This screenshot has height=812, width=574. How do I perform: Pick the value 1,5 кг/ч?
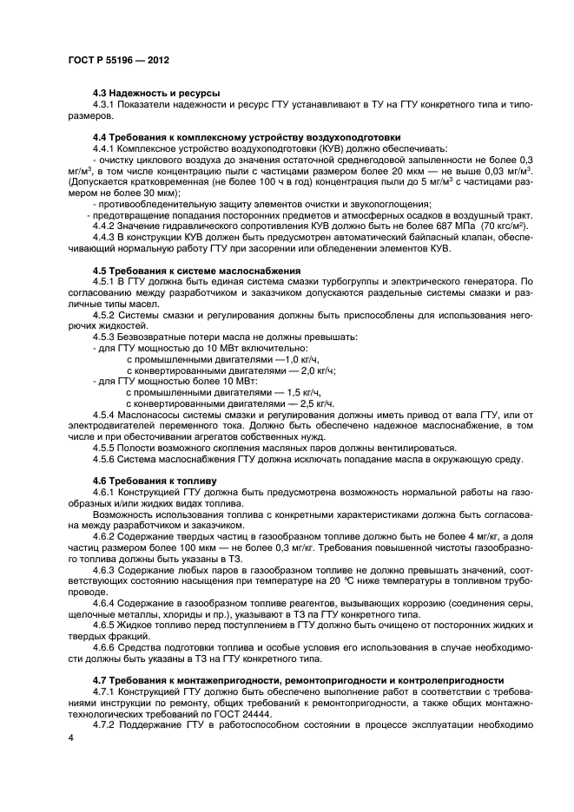click(281, 392)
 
